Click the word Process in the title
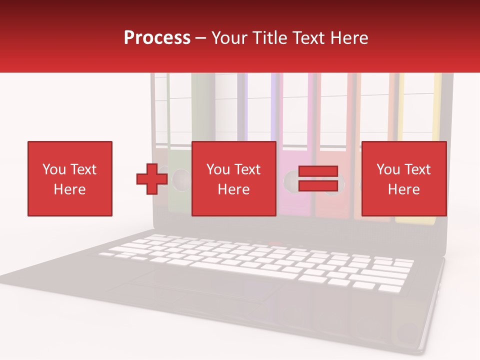(157, 38)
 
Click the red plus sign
(152, 178)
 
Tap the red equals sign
(318, 178)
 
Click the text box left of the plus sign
(70, 178)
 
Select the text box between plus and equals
(233, 178)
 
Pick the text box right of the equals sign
(403, 178)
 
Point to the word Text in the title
(309, 38)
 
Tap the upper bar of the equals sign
(318, 171)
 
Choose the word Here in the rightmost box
(403, 189)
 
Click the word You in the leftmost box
(53, 169)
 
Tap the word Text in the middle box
(248, 169)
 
